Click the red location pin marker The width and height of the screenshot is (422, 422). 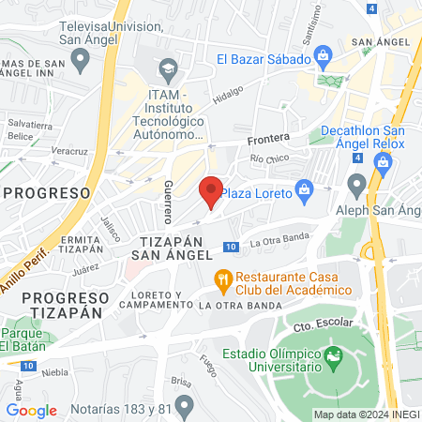point(212,190)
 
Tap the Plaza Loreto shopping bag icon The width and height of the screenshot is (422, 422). point(304,190)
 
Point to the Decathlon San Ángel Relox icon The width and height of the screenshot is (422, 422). point(383,161)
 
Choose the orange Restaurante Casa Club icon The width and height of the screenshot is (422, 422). point(222,278)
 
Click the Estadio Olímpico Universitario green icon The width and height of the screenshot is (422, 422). point(332,355)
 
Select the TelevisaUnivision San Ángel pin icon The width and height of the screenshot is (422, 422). point(81,60)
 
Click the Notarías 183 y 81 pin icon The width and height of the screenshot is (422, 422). point(184,404)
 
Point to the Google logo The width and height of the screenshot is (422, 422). point(31,410)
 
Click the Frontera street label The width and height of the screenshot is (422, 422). point(268,138)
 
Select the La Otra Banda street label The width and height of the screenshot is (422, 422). point(280,242)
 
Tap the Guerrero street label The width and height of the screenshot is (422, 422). point(168,201)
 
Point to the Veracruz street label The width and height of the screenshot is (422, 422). point(69,149)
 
